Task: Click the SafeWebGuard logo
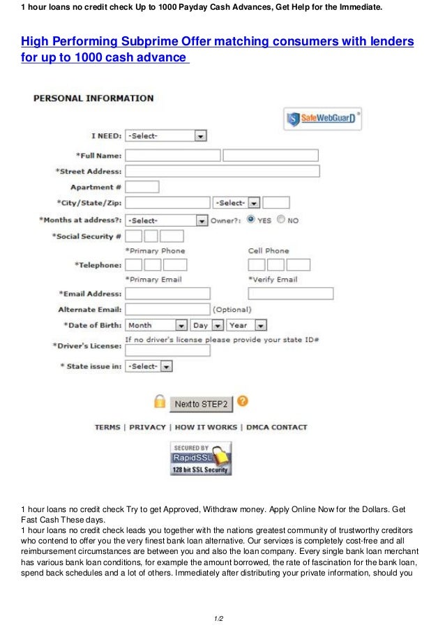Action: [x=323, y=119]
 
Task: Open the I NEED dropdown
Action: [x=166, y=136]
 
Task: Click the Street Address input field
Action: [x=222, y=171]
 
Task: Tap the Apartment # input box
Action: [x=142, y=187]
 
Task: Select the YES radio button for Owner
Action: [x=251, y=220]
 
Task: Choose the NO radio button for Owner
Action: [x=280, y=220]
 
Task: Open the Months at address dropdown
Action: [x=166, y=220]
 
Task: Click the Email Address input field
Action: [x=167, y=294]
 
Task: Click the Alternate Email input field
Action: [x=167, y=309]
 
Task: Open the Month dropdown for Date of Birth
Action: [x=157, y=325]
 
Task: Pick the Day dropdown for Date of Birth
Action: [x=207, y=325]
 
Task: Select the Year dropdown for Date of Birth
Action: [x=247, y=325]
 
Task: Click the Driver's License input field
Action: [x=167, y=350]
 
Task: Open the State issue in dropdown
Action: [x=149, y=366]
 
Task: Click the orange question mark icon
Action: [x=242, y=401]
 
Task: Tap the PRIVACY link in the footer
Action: [x=147, y=427]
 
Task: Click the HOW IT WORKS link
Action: [x=206, y=427]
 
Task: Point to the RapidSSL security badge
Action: [x=200, y=458]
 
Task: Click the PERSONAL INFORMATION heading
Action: [x=93, y=98]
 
